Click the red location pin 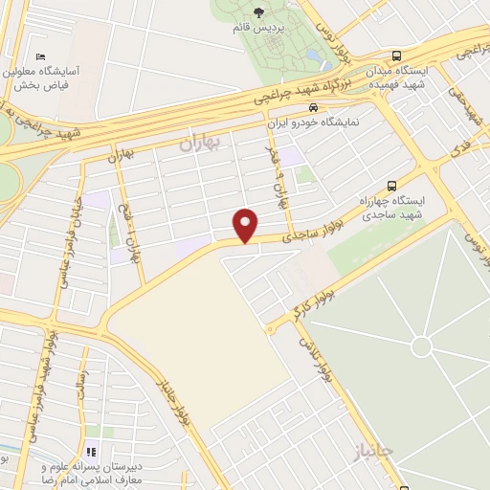tap(246, 224)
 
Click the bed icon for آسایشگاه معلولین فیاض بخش tap(38, 57)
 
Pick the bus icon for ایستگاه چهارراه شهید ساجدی tap(390, 186)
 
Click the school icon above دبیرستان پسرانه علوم tap(93, 451)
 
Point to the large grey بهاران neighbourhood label tap(199, 144)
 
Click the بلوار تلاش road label tap(317, 355)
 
